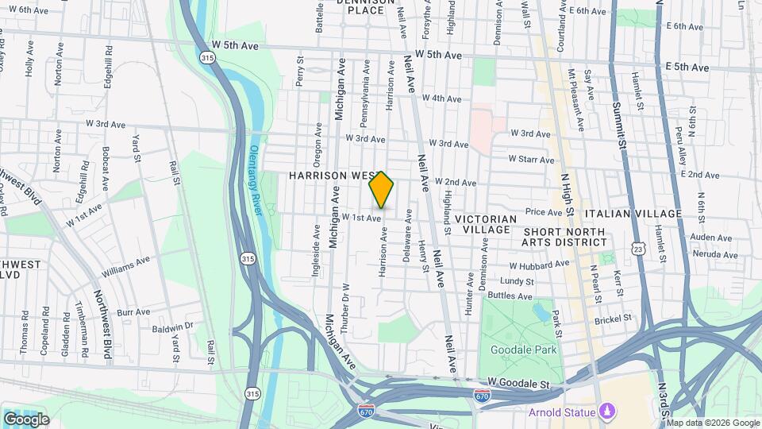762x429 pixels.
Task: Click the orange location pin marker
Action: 382,191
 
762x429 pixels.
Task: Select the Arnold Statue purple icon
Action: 607,411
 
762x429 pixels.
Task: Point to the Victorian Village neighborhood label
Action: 486,223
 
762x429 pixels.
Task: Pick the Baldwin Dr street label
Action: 174,326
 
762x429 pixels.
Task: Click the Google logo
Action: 25,419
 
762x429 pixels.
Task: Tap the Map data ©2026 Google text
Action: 712,423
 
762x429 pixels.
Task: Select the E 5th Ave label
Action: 687,68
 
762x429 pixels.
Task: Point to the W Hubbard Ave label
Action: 539,265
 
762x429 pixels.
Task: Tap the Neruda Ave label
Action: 715,255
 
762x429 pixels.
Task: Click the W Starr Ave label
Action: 530,160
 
